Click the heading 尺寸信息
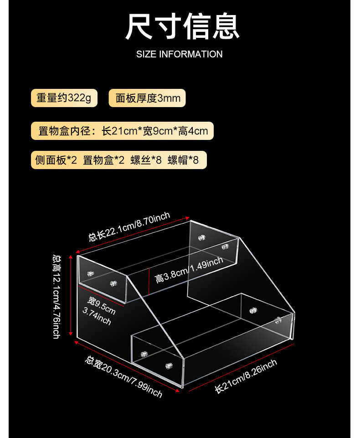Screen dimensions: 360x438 pyautogui.click(x=182, y=27)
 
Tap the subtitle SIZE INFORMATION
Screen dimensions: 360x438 pyautogui.click(x=180, y=54)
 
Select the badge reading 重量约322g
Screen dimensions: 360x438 pyautogui.click(x=64, y=98)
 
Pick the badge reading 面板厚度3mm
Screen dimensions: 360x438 pyautogui.click(x=148, y=98)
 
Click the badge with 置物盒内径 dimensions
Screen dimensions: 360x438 pyautogui.click(x=123, y=131)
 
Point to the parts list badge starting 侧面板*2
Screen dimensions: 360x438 pyautogui.click(x=118, y=160)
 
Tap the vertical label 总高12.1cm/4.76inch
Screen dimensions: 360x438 pyautogui.click(x=57, y=296)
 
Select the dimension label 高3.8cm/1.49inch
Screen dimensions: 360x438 pyautogui.click(x=189, y=270)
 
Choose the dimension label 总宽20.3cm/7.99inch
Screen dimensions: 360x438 pyautogui.click(x=123, y=376)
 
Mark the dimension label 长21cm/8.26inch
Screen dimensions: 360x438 pyautogui.click(x=246, y=376)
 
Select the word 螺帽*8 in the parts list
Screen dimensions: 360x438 pyautogui.click(x=183, y=160)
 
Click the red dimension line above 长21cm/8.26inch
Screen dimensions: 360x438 pyautogui.click(x=241, y=367)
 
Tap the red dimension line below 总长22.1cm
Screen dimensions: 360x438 pyautogui.click(x=133, y=233)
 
